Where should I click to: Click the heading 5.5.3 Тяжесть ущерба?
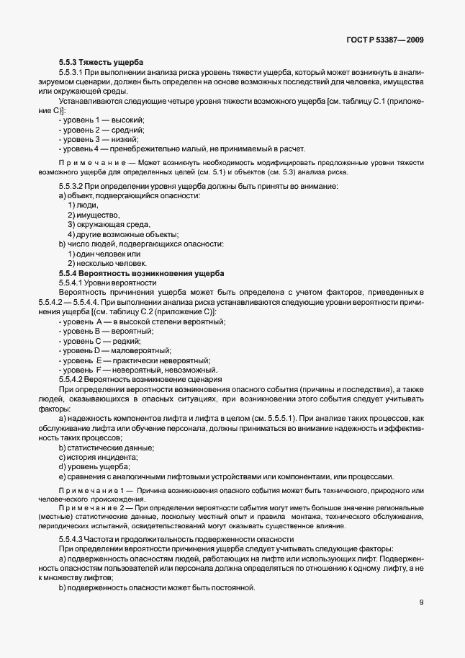(x=101, y=63)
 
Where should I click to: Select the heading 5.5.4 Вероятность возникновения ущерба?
(x=142, y=274)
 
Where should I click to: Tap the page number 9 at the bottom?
(x=421, y=603)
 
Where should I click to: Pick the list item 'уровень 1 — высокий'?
(x=101, y=120)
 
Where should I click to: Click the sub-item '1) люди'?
(x=83, y=205)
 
